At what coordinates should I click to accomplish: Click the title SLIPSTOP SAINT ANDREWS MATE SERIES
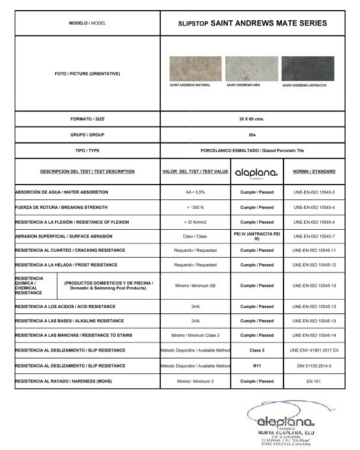point(252,23)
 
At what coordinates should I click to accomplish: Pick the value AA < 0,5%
point(195,193)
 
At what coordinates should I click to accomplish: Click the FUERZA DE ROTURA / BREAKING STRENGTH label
point(61,208)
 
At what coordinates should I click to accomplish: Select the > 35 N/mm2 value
point(195,222)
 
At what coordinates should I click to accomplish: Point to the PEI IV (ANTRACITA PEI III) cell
point(257,236)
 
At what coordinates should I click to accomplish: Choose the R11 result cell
point(256,366)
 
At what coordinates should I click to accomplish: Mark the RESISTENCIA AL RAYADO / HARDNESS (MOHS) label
point(63,381)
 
